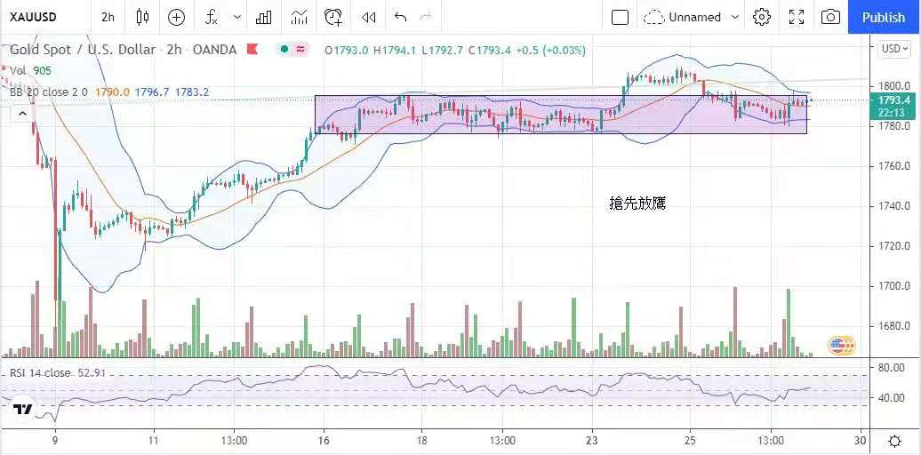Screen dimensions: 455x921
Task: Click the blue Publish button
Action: point(883,17)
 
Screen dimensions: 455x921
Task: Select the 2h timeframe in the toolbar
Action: point(108,17)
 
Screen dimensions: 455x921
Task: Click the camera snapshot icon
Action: point(830,17)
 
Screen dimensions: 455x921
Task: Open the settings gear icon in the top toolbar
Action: point(762,17)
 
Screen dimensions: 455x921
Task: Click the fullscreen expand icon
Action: point(797,17)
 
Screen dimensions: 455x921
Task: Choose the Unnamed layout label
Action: point(694,17)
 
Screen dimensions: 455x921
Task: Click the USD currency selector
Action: point(892,49)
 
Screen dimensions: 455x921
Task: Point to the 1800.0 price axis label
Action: point(893,86)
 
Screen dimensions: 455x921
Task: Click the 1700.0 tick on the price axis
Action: point(893,286)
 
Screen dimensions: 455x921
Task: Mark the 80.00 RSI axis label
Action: point(892,367)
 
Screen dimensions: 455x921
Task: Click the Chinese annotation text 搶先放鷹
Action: point(637,204)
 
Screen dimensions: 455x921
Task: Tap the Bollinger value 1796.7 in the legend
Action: point(151,92)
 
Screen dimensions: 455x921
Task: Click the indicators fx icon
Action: point(212,17)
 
